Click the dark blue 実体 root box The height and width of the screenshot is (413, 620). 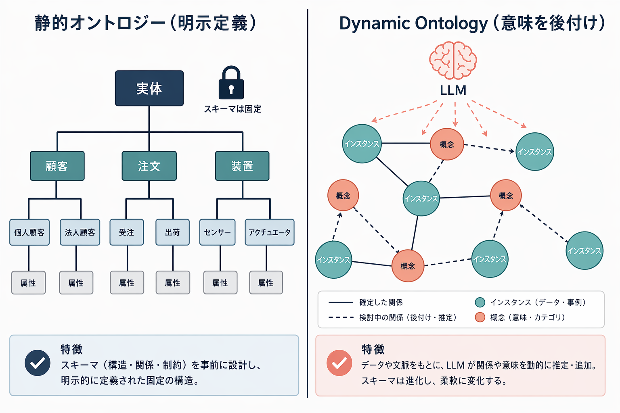(149, 88)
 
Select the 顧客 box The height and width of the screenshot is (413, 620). (57, 166)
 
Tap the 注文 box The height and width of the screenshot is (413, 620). (149, 166)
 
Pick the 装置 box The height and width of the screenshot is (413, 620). (242, 166)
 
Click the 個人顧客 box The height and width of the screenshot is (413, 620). (29, 232)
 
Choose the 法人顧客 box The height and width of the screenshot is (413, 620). (80, 232)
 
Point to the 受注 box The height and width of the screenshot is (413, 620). (126, 232)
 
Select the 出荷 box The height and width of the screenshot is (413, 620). (172, 232)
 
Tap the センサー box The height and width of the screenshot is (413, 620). (217, 232)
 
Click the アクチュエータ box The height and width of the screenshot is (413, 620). (269, 232)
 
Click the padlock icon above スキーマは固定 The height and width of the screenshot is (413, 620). (231, 83)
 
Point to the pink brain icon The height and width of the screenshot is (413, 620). (453, 60)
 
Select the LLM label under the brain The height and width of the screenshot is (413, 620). (453, 90)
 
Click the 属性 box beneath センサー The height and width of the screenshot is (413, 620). (220, 283)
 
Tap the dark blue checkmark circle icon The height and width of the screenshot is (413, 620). (38, 363)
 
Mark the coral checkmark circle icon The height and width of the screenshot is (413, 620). (339, 363)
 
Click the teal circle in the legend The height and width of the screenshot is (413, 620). (480, 302)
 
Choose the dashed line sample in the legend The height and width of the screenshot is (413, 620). (341, 317)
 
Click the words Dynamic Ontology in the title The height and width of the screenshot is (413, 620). (413, 23)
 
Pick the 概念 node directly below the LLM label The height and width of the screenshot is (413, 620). (446, 144)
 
